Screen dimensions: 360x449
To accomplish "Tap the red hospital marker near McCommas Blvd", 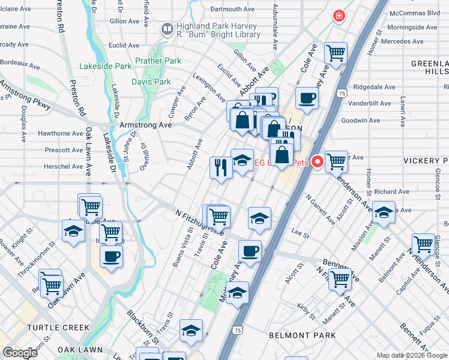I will tap(339, 16).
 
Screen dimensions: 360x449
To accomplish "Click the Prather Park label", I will tap(158, 61).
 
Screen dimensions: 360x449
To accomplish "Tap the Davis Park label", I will tap(151, 82).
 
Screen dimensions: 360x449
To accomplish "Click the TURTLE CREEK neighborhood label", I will tap(58, 328).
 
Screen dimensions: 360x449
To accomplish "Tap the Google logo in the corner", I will tap(20, 353).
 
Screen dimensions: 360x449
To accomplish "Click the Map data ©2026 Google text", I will tap(412, 355).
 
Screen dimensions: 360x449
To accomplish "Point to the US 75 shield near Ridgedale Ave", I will tap(342, 94).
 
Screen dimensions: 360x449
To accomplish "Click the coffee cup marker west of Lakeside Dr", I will tap(111, 257).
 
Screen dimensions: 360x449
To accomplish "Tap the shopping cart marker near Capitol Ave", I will tap(423, 244).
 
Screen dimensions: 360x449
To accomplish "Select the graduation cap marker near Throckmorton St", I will tap(74, 230).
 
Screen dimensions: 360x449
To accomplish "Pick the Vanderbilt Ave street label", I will tap(373, 103).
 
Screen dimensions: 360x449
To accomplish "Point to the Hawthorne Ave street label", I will tap(61, 133).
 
